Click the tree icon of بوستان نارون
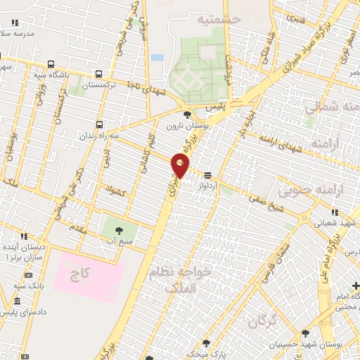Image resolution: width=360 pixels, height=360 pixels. (186, 115)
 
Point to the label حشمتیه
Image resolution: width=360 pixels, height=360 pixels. (220, 20)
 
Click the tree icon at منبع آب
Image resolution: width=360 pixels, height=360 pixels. (117, 230)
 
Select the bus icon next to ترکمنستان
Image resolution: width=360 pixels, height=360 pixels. (98, 73)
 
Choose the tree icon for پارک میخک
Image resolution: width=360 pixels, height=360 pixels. (206, 343)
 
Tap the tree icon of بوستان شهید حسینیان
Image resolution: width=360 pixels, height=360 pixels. (304, 333)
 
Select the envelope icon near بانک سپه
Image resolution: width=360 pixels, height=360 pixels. (29, 274)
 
